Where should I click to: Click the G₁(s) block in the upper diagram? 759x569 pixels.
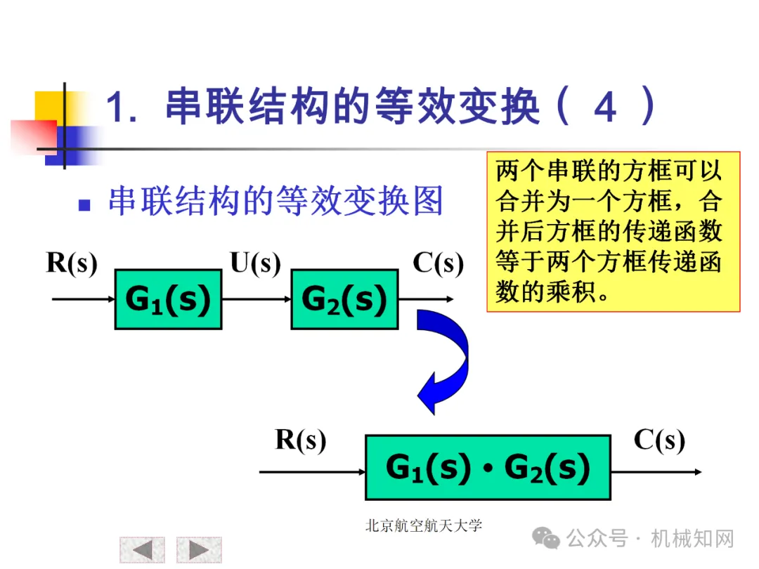168,299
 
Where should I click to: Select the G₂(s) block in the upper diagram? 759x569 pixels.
344,299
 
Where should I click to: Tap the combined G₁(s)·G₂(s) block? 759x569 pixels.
488,468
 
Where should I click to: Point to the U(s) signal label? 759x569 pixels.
255,263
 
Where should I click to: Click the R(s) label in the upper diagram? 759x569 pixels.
72,263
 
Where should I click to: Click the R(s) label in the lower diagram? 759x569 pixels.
301,440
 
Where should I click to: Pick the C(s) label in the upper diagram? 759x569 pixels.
438,263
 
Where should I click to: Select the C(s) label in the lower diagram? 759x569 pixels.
659,440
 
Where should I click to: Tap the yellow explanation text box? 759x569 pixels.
613,231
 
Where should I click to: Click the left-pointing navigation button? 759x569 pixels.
142,550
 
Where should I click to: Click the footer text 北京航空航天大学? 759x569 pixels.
424,525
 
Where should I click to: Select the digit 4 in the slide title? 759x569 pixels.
605,107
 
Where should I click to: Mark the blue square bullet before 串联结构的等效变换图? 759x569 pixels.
85,205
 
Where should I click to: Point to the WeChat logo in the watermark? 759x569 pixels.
546,539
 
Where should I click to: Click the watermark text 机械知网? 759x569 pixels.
692,539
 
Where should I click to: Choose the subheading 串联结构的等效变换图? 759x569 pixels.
275,202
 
